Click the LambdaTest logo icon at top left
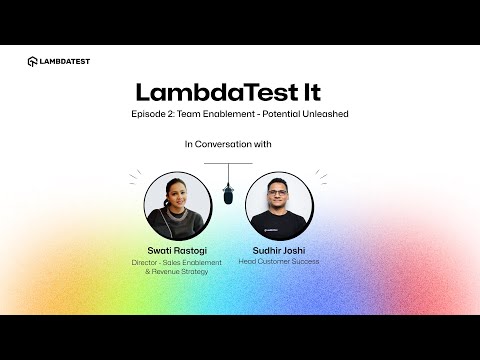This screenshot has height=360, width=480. pos(33,61)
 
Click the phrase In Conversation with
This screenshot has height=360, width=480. pos(229,144)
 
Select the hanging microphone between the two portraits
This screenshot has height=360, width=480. pos(228,193)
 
